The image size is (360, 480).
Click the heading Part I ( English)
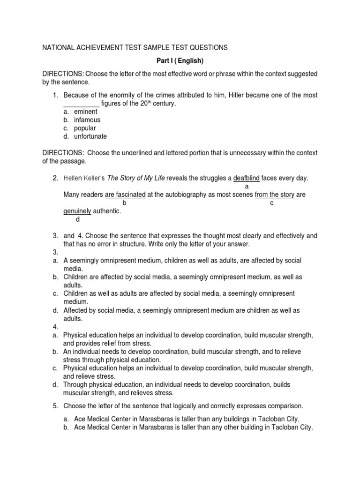coord(180,61)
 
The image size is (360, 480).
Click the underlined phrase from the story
coord(274,195)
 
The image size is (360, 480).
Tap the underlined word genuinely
coord(77,211)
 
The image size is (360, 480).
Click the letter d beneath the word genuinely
coord(78,219)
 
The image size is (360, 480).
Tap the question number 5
coord(55,405)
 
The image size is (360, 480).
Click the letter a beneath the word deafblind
coord(247,186)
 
